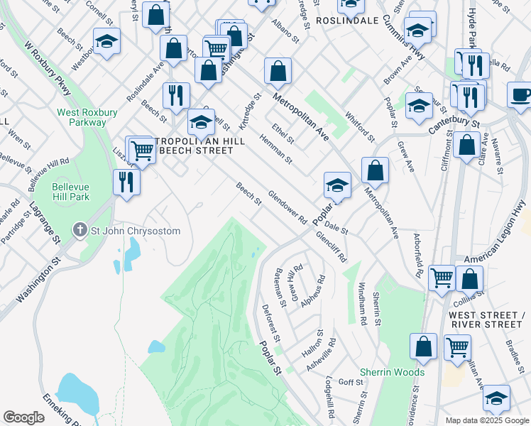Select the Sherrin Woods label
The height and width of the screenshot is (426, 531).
(x=392, y=372)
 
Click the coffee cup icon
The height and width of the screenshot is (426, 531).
(x=520, y=95)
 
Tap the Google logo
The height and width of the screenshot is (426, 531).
(x=23, y=417)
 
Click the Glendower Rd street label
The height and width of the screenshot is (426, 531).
(x=287, y=206)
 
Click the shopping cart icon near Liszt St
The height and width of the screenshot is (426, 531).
(x=143, y=151)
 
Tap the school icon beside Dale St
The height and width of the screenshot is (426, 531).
(x=337, y=186)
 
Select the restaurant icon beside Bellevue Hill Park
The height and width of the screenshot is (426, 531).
(x=126, y=182)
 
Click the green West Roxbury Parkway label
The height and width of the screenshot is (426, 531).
(x=82, y=117)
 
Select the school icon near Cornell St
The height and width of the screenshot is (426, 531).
(x=106, y=42)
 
